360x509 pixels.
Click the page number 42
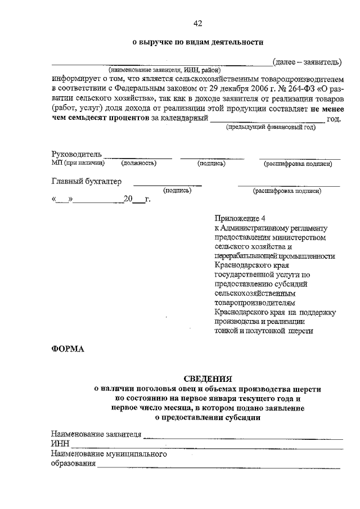197,23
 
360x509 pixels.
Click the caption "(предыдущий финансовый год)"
271,128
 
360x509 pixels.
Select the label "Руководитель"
76,154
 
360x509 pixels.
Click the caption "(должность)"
138,164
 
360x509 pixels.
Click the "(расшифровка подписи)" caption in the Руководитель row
298,164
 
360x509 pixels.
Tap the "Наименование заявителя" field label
96,434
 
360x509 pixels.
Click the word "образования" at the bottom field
73,464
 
